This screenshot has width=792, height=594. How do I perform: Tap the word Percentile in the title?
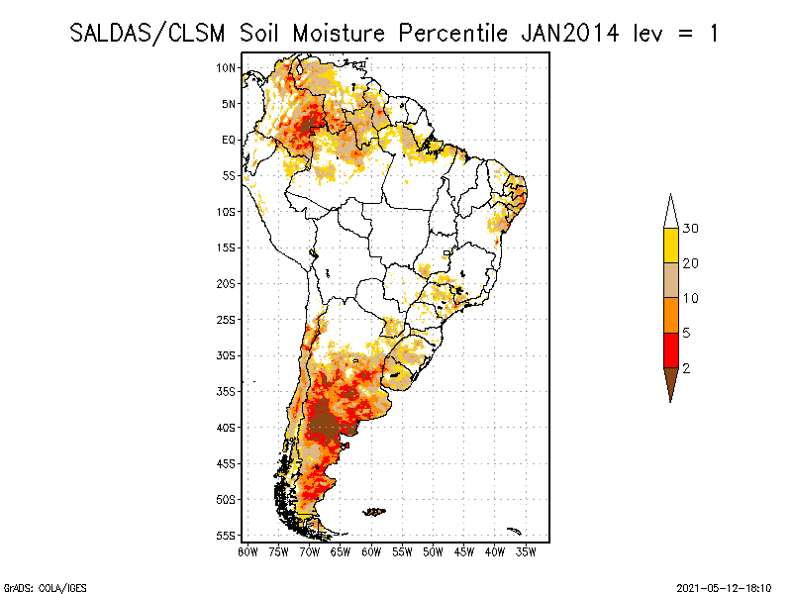click(x=451, y=33)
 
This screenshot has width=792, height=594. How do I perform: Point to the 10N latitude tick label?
click(x=227, y=68)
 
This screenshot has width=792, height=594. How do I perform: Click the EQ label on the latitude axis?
click(x=229, y=140)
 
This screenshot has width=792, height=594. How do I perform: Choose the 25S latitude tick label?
click(x=227, y=320)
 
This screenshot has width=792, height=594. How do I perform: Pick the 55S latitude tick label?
click(x=227, y=536)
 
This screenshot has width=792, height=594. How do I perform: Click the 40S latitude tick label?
click(x=227, y=428)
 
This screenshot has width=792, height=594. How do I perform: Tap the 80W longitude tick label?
click(x=247, y=551)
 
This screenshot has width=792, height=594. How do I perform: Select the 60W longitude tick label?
click(x=371, y=551)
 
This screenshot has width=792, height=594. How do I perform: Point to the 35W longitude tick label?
click(x=526, y=551)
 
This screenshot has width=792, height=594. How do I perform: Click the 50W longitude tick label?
click(x=433, y=551)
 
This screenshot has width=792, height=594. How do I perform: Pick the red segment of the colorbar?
click(x=670, y=349)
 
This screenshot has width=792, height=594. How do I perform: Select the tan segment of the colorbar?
click(x=670, y=280)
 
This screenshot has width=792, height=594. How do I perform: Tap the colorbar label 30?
click(x=691, y=229)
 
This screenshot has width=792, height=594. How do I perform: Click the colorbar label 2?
click(x=686, y=368)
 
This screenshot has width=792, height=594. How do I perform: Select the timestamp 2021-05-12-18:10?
click(x=724, y=587)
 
